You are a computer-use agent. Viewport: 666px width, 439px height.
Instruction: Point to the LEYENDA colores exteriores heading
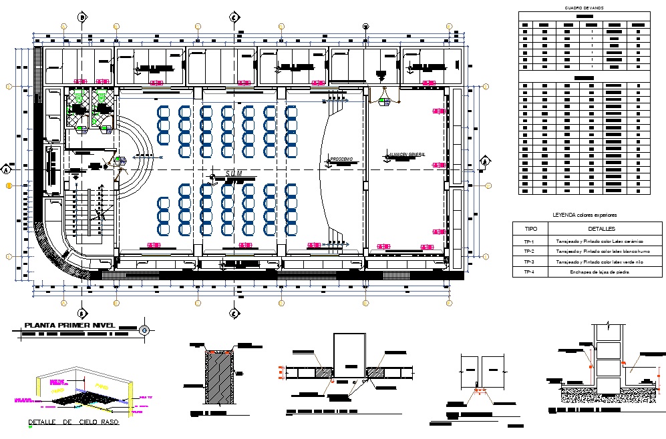[x=585, y=215]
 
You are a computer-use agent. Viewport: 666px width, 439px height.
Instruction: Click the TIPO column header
[x=529, y=229]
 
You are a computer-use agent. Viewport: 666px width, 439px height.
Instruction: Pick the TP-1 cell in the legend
[x=529, y=240]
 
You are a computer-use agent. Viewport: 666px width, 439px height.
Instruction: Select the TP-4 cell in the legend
[x=529, y=272]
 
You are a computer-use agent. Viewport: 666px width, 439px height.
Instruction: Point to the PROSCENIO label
[x=341, y=159]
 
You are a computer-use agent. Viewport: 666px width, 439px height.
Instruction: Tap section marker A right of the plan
[x=486, y=161]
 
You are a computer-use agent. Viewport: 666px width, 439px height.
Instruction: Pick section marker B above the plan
[x=81, y=17]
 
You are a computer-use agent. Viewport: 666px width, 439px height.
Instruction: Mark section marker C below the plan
[x=234, y=312]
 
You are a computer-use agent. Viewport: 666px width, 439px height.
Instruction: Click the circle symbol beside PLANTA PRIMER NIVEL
[x=144, y=330]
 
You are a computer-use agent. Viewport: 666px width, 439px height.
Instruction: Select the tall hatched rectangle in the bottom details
[x=219, y=377]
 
